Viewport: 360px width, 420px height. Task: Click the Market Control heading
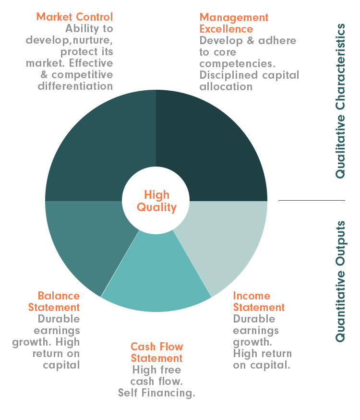click(x=75, y=17)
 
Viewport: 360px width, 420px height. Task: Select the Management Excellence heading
click(x=234, y=23)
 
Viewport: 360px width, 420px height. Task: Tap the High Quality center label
click(x=156, y=201)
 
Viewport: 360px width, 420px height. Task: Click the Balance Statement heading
click(x=54, y=301)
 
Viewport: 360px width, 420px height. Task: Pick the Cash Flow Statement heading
click(x=156, y=352)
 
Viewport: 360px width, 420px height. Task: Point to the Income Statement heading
click(x=259, y=301)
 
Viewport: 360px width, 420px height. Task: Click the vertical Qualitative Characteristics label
click(x=340, y=101)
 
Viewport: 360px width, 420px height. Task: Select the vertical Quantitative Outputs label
click(x=340, y=281)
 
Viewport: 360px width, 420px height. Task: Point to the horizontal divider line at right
click(x=312, y=200)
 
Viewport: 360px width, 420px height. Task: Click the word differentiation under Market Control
click(x=75, y=86)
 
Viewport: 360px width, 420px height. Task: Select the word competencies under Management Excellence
click(x=237, y=64)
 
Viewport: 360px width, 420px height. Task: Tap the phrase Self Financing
click(x=156, y=393)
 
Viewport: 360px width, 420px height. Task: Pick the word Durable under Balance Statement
click(x=59, y=319)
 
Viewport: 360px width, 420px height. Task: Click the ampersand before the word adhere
click(x=251, y=40)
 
